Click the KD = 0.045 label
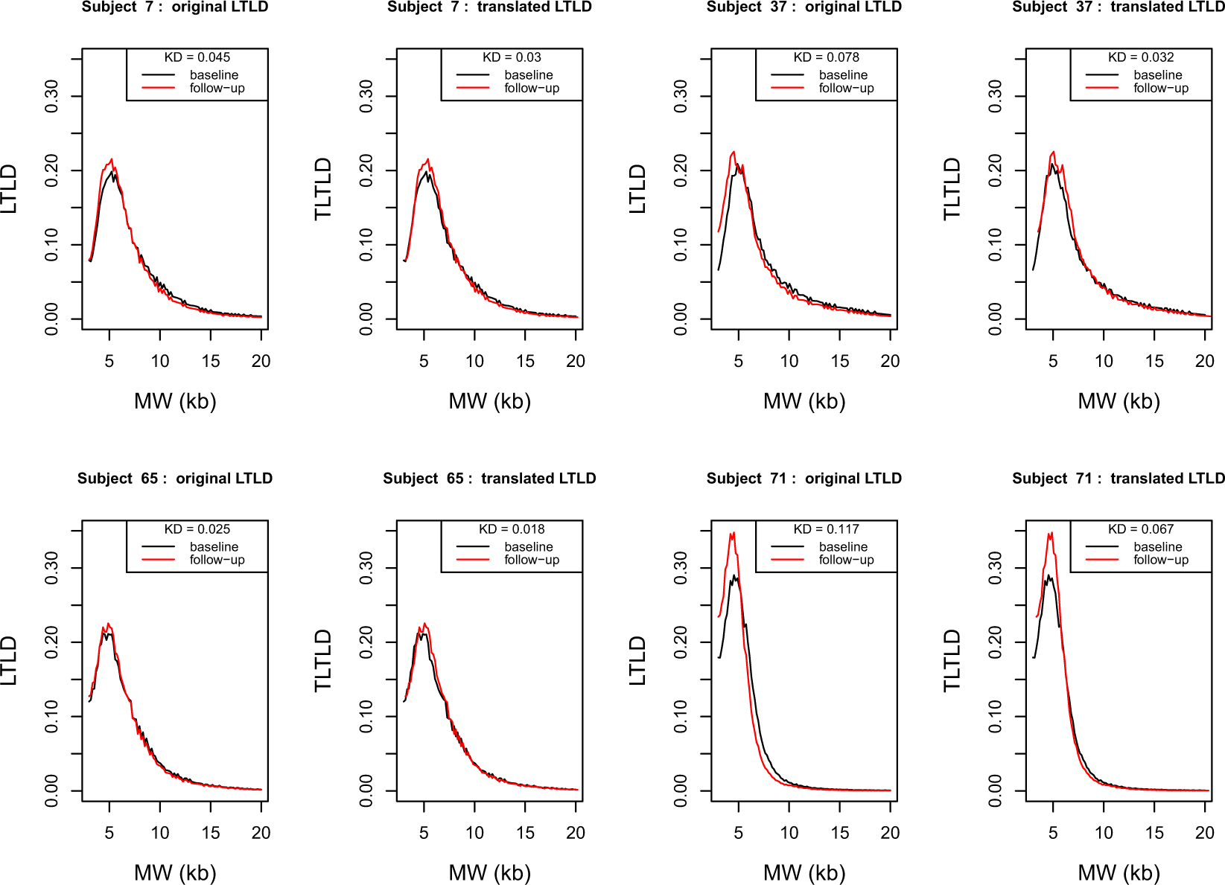pos(197,57)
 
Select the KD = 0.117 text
pos(826,529)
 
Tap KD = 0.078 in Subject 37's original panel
pos(826,57)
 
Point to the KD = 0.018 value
pos(512,529)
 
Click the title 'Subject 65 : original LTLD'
pos(175,479)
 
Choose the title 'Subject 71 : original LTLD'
pos(804,479)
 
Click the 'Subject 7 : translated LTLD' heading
pos(489,7)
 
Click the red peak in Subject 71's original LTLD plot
pos(734,533)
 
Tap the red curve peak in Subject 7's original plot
pos(112,159)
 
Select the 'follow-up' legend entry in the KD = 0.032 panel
pos(1160,88)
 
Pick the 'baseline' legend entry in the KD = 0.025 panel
pos(214,547)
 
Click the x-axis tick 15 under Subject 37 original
pos(839,362)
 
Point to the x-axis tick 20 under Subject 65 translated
pos(575,833)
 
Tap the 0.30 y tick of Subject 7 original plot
pos(51,96)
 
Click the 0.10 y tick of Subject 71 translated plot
pos(995,716)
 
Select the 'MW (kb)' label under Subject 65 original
pos(175,872)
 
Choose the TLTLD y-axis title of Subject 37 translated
pos(952,189)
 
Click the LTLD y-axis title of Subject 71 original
pos(637,660)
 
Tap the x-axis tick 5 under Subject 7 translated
pos(424,362)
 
